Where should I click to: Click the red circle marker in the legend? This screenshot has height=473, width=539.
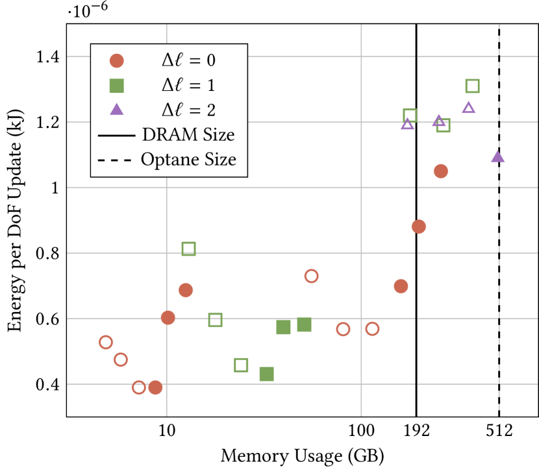pyautogui.click(x=117, y=61)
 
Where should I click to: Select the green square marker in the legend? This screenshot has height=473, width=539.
pyautogui.click(x=117, y=85)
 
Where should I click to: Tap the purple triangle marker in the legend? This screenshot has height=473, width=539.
pyautogui.click(x=117, y=109)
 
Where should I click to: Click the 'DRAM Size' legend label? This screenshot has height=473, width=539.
pyautogui.click(x=188, y=135)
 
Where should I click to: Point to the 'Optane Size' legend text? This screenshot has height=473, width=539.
pyautogui.click(x=188, y=160)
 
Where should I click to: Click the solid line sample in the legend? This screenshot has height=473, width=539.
pyautogui.click(x=117, y=136)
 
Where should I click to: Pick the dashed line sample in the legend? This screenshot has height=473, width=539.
pyautogui.click(x=117, y=160)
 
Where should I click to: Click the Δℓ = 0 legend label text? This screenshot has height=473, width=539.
pyautogui.click(x=188, y=61)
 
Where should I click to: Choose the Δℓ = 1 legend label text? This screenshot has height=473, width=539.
pyautogui.click(x=188, y=85)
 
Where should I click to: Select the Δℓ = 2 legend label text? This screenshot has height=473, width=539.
pyautogui.click(x=188, y=109)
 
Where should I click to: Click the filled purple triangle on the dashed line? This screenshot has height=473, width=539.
pyautogui.click(x=497, y=156)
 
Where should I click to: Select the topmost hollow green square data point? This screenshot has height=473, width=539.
pyautogui.click(x=472, y=86)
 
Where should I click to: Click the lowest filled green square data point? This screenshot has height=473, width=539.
pyautogui.click(x=266, y=374)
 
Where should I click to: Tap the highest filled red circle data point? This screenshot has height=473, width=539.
pyautogui.click(x=440, y=171)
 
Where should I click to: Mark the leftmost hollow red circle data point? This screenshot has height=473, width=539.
pyautogui.click(x=106, y=342)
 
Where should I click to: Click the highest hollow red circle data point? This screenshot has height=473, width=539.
pyautogui.click(x=311, y=276)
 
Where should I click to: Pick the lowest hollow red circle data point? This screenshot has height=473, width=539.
pyautogui.click(x=138, y=387)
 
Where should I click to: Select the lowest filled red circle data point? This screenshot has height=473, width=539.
pyautogui.click(x=155, y=387)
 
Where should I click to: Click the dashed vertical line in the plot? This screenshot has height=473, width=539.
pyautogui.click(x=499, y=260)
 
